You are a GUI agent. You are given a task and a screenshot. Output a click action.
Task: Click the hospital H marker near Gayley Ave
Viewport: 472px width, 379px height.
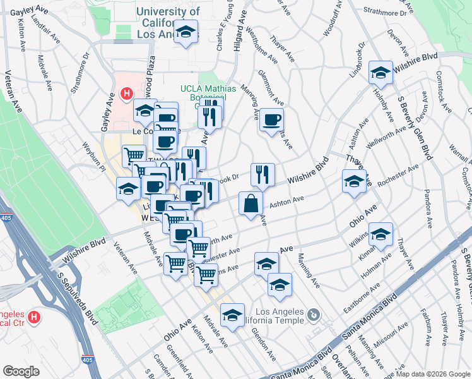click(x=127, y=94)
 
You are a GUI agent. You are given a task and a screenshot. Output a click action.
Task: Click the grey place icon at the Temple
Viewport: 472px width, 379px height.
click(x=314, y=314)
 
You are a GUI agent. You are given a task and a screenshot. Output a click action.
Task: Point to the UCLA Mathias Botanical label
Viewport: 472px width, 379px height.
click(x=207, y=93)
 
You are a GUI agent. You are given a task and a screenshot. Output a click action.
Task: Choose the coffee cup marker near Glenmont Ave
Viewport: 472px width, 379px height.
click(x=271, y=119)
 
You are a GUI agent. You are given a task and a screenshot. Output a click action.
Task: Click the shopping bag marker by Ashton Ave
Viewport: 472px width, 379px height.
click(x=251, y=203)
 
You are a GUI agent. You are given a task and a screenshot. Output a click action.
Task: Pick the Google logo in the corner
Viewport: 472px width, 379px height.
click(x=21, y=371)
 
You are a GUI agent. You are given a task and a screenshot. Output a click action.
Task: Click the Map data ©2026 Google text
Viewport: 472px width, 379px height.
click(x=433, y=374)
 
